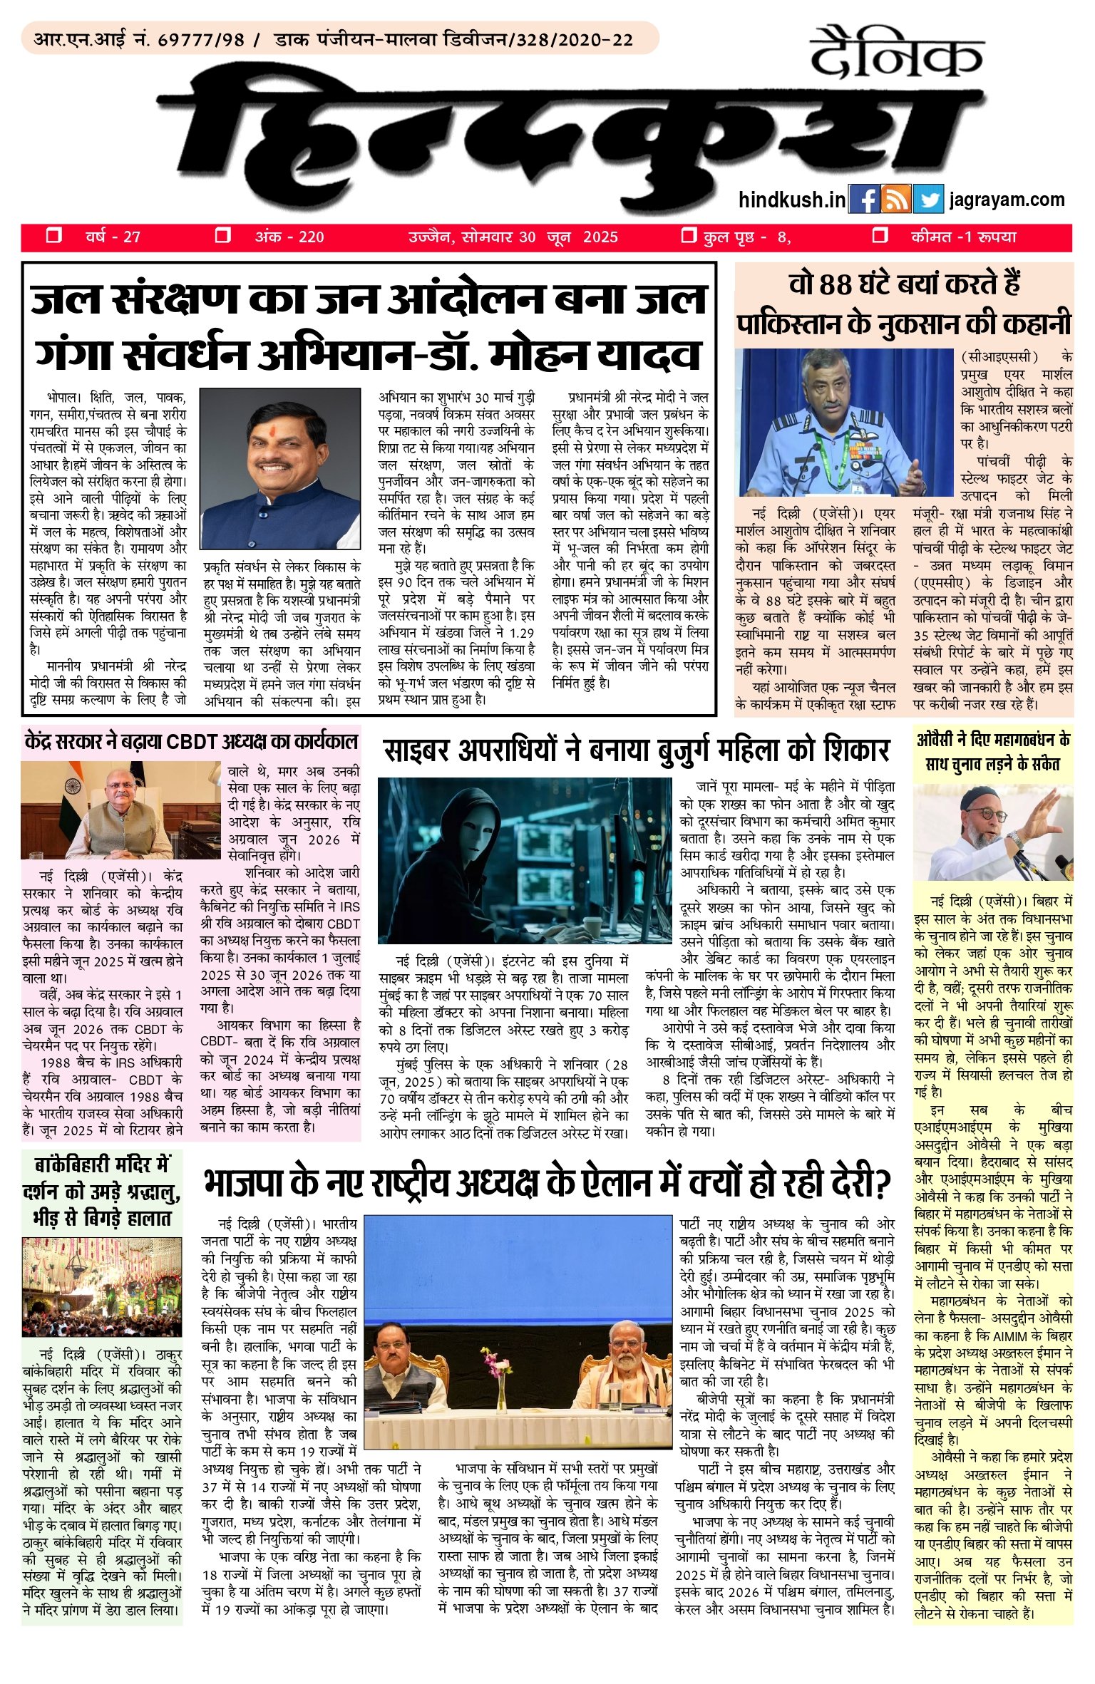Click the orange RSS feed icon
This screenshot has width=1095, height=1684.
point(896,200)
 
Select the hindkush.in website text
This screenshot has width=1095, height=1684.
point(792,200)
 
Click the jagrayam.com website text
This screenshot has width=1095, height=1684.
point(1007,200)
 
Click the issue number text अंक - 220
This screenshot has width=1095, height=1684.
point(289,237)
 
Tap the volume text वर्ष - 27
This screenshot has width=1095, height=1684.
point(113,237)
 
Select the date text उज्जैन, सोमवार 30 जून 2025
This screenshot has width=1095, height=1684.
point(513,237)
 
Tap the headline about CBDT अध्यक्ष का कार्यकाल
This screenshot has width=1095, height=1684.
point(190,741)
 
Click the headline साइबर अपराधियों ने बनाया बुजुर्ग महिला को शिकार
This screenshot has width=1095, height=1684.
point(637,750)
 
